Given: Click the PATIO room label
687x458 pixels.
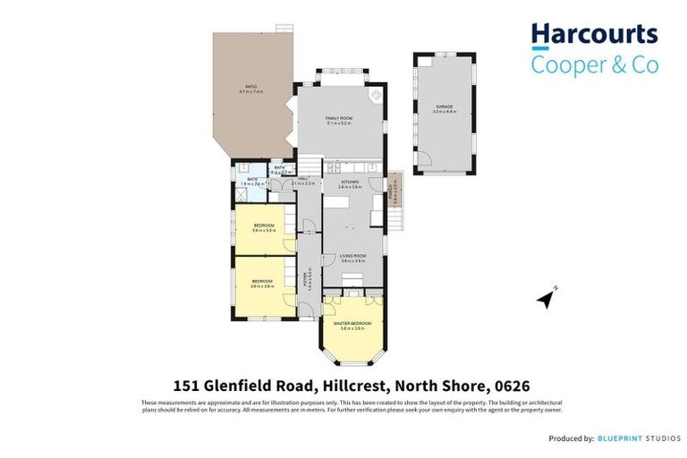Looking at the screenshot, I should point(250,89).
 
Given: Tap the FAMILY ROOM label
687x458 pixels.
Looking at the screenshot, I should point(339,121).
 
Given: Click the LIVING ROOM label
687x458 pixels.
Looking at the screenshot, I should point(354,258).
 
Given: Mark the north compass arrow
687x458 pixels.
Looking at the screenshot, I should point(547,299).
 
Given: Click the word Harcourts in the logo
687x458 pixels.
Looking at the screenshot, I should point(595,35).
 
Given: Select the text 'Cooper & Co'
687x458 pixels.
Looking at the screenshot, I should point(595,64).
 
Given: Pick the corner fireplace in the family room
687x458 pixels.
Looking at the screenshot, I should point(377,93).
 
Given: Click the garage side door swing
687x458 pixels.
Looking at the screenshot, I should point(427,161).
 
